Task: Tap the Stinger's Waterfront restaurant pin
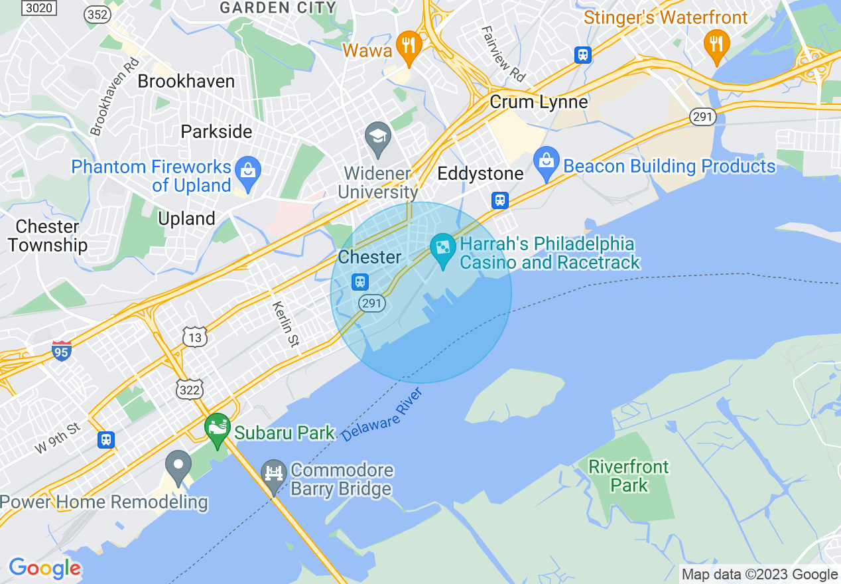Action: click(716, 44)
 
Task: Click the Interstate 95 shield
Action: click(61, 350)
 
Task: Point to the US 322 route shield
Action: click(190, 390)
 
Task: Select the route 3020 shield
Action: click(38, 8)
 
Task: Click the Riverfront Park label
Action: click(629, 476)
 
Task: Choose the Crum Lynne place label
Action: click(539, 102)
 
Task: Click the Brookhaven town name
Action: click(186, 82)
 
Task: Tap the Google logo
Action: click(44, 569)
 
